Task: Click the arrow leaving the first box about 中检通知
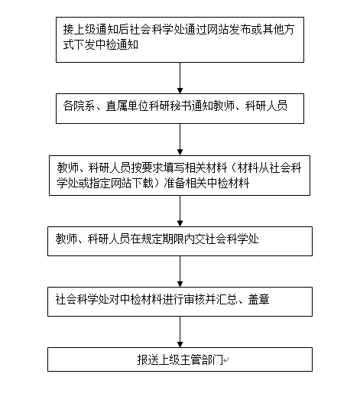point(180,78)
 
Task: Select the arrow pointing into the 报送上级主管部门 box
point(180,332)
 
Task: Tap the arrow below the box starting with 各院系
point(180,139)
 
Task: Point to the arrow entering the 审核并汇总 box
point(180,272)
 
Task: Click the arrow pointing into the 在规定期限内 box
point(180,211)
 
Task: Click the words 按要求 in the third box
point(148,167)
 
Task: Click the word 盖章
point(259,299)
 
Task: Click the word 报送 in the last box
point(148,359)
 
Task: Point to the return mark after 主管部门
point(226,360)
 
